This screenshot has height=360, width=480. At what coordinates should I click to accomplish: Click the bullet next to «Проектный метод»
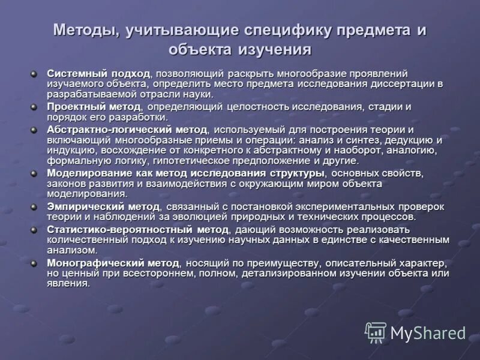[34, 107]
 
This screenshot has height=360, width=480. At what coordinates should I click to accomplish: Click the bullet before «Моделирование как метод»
[34, 173]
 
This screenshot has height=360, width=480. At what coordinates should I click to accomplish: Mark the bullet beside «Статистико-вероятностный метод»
[34, 229]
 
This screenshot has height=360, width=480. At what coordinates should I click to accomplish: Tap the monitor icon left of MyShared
[376, 332]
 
